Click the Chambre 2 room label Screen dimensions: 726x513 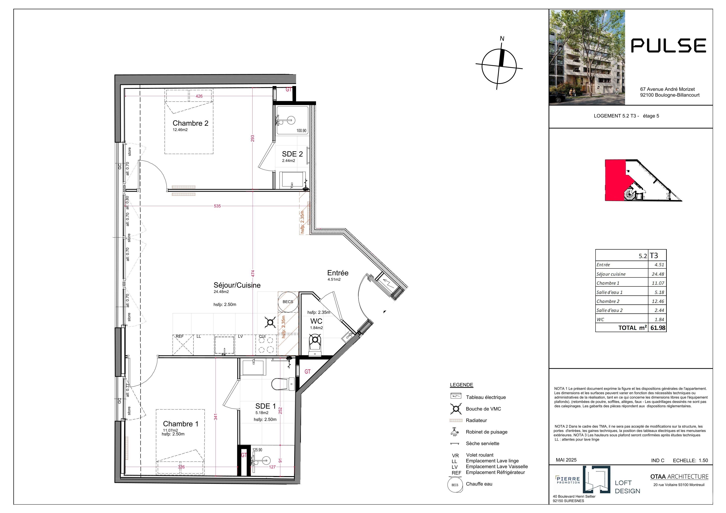pos(190,123)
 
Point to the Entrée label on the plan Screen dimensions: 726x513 pos(338,273)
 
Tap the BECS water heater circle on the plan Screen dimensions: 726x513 pos(288,302)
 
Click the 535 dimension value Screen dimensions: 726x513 pos(217,206)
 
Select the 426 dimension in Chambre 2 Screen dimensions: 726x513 pos(199,96)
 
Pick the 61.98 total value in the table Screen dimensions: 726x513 pos(658,328)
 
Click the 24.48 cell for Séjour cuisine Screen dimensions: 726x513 pos(658,274)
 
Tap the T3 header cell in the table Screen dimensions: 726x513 pos(654,255)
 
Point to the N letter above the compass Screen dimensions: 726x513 pos(502,38)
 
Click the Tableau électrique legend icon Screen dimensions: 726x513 pos(456,396)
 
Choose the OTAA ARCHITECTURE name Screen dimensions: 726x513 pos(679,477)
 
